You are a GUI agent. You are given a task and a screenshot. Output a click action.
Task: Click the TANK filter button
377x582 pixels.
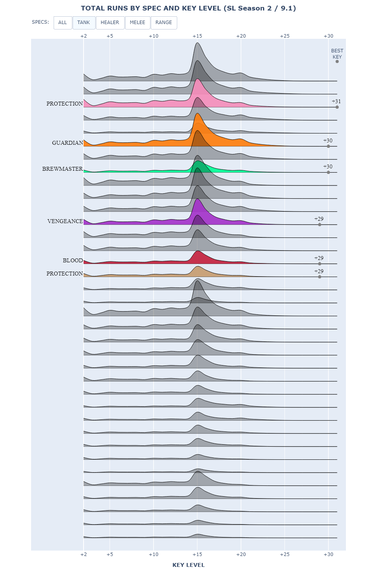pos(84,23)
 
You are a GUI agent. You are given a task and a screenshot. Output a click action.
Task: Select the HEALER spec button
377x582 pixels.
pos(110,23)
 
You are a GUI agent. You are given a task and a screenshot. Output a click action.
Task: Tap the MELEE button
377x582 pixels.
pos(138,23)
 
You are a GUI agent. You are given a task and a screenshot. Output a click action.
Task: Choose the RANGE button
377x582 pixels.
pos(164,23)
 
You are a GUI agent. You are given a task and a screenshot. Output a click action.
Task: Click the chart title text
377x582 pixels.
pos(188,8)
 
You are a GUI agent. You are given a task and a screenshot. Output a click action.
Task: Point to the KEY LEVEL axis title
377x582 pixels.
pos(188,565)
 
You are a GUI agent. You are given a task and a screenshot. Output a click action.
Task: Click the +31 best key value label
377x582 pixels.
pos(336,101)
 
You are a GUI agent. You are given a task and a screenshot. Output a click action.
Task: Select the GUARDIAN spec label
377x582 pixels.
pos(68,143)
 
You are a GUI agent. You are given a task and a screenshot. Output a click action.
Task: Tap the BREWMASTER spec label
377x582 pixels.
pos(63,169)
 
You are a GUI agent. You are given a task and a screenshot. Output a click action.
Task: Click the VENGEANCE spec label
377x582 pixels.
pos(65,221)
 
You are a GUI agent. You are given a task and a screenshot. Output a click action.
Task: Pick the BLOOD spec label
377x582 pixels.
pos(73,260)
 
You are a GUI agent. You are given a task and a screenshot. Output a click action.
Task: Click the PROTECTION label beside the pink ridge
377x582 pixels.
pos(65,104)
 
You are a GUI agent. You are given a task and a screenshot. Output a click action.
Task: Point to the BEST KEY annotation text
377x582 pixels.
pos(337,54)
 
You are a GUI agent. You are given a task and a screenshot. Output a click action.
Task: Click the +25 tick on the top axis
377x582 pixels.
pos(285,36)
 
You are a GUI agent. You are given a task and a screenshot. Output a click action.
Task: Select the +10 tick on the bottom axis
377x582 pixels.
pos(154,554)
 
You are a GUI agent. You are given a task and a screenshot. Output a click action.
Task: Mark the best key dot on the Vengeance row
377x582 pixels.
pos(319,225)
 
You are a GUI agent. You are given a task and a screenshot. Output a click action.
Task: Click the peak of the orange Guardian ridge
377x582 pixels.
pos(197,113)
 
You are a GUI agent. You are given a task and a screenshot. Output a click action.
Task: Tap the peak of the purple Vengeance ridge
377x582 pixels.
pos(197,199)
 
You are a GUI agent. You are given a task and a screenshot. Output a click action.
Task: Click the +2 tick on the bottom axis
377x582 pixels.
pos(84,554)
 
